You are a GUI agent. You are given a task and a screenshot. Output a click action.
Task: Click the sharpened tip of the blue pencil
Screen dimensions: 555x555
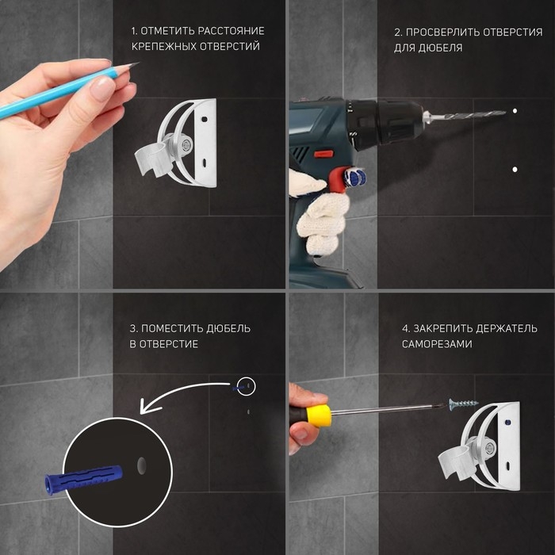[139, 63]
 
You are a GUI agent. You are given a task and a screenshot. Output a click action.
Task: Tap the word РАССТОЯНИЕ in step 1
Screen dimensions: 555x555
[231, 31]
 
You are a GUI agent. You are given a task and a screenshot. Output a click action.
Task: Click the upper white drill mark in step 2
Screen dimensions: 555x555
[515, 111]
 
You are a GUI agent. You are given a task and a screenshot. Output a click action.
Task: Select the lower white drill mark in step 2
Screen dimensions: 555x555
[515, 170]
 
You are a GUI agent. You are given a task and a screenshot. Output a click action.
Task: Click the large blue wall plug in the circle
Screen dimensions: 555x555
[83, 479]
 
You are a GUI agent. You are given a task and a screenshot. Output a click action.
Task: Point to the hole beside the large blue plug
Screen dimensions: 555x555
[142, 465]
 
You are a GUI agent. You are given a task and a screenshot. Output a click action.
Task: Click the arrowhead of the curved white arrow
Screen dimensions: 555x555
[146, 406]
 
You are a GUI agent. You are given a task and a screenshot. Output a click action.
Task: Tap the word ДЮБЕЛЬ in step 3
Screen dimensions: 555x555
[228, 328]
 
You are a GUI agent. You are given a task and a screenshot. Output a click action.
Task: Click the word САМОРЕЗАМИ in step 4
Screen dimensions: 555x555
[437, 344]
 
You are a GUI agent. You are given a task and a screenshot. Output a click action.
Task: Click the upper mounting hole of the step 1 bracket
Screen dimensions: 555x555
[204, 119]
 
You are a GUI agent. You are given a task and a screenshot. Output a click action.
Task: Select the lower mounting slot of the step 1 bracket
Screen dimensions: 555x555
[205, 163]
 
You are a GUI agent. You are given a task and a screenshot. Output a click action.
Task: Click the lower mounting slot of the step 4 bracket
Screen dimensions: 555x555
[507, 465]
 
